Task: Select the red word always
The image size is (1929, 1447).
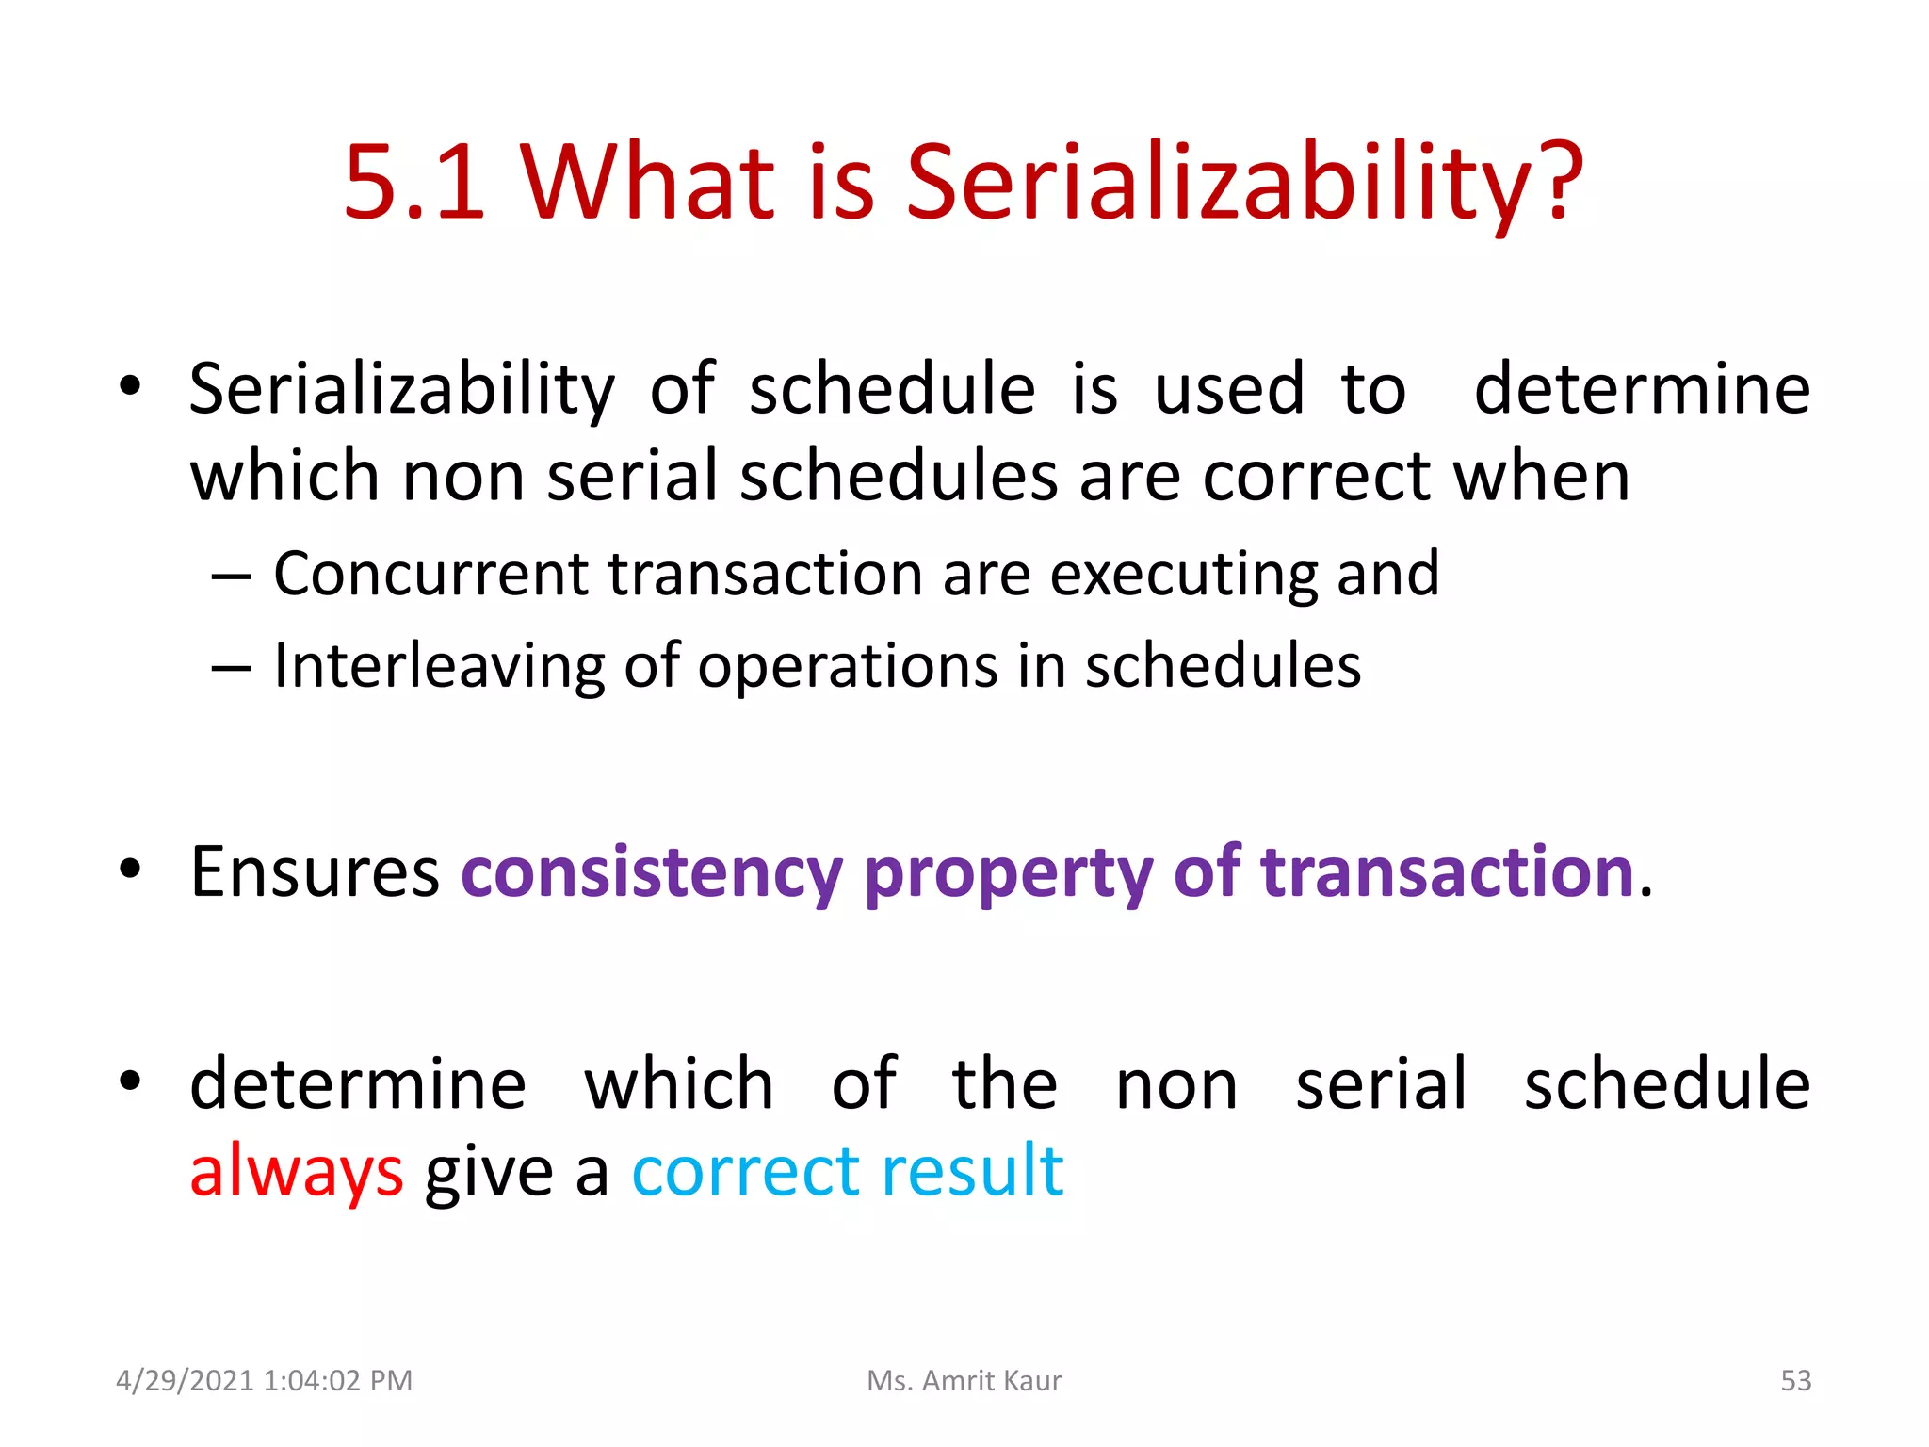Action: point(297,1172)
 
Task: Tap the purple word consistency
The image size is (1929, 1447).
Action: point(652,872)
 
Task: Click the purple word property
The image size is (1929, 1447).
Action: point(1009,872)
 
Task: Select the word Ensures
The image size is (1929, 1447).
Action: point(315,872)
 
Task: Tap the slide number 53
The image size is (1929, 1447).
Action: point(1795,1380)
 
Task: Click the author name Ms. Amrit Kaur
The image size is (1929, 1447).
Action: point(964,1380)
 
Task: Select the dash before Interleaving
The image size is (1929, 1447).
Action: point(231,668)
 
